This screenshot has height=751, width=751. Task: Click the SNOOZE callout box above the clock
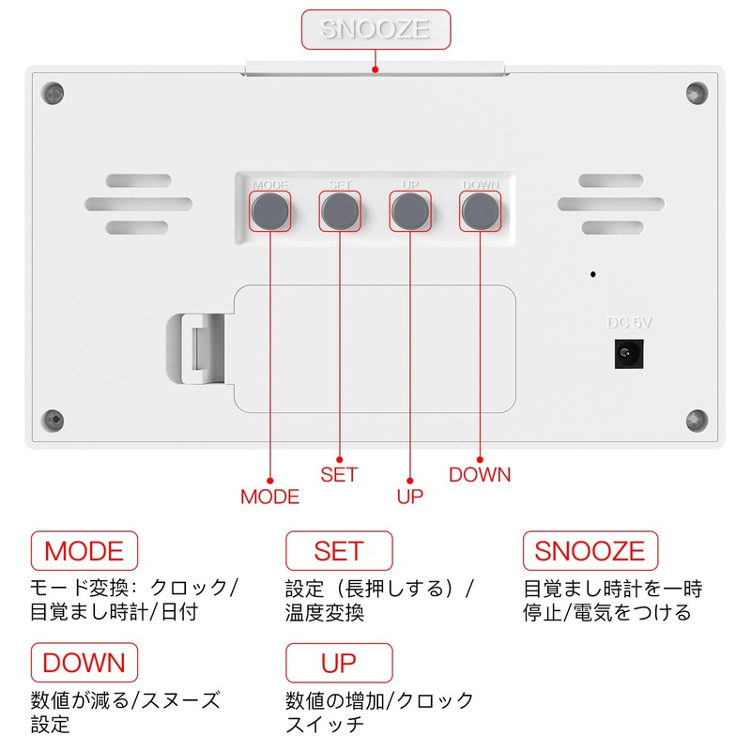[x=376, y=29]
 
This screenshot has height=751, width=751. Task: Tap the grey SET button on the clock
[x=340, y=211]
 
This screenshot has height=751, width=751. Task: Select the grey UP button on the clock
[x=410, y=211]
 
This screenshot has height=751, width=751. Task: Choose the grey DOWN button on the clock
[x=481, y=211]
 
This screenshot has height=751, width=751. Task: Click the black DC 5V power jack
[x=629, y=354]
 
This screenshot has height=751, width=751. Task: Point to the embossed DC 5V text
[x=629, y=323]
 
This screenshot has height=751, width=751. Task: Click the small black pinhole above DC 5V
[x=593, y=274]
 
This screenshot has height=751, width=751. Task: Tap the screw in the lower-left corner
[x=53, y=420]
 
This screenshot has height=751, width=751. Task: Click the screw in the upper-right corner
[x=697, y=93]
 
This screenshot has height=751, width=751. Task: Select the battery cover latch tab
[x=196, y=348]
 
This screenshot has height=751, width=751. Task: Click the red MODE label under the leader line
[x=270, y=497]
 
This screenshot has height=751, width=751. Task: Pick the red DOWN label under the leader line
[x=480, y=475]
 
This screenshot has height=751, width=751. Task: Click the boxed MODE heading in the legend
[x=84, y=551]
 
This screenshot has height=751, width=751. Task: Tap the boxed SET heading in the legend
[x=339, y=551]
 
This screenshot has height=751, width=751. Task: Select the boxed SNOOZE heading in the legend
[x=590, y=551]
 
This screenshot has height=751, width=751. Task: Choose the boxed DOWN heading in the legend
[x=84, y=663]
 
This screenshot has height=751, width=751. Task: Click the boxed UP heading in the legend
[x=339, y=663]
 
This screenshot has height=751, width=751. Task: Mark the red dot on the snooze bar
[x=375, y=69]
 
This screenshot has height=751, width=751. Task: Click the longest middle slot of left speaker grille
[x=138, y=204]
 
